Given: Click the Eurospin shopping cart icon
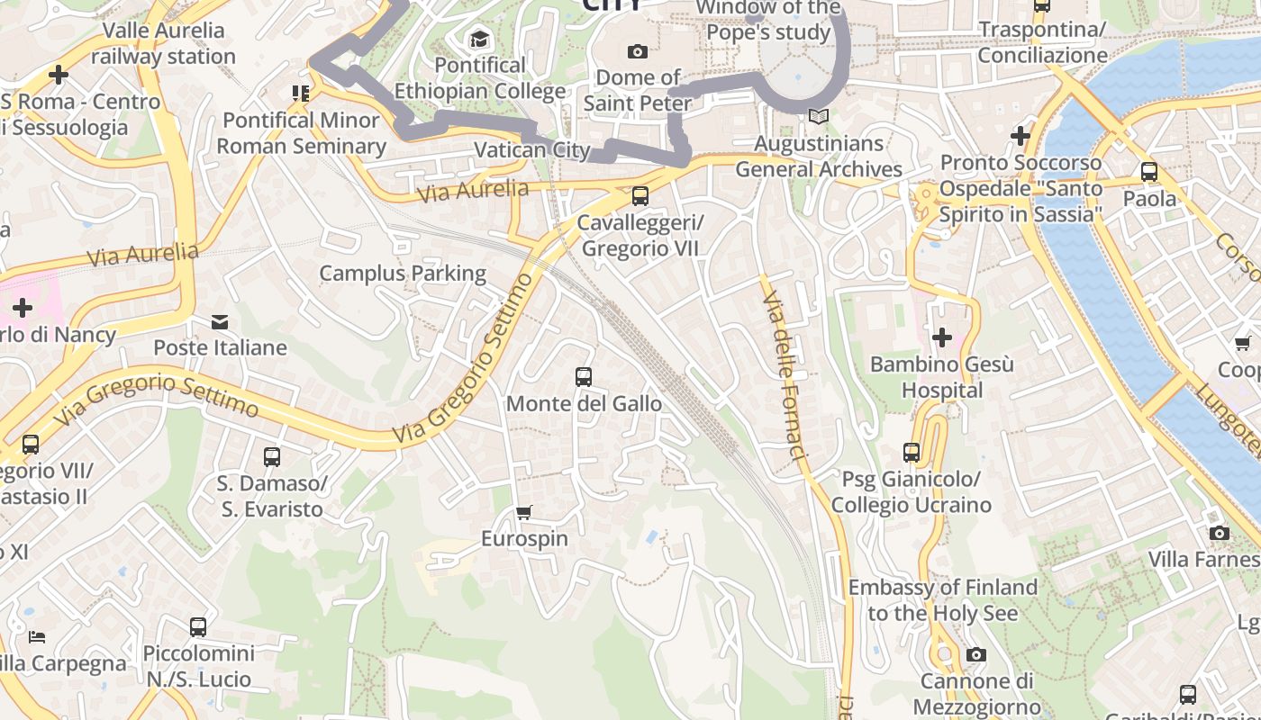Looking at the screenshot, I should (x=524, y=512).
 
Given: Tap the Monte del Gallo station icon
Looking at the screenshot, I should (x=584, y=376).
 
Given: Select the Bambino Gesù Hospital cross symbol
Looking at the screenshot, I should (x=941, y=337).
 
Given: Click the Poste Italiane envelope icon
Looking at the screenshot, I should (x=220, y=321).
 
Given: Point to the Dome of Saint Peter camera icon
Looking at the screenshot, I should (x=638, y=51).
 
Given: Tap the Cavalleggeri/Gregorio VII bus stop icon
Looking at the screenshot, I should (x=640, y=195).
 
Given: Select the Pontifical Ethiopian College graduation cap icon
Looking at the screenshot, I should (x=479, y=39).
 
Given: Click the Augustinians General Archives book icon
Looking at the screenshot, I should (x=818, y=116).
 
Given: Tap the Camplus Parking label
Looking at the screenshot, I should (x=403, y=273).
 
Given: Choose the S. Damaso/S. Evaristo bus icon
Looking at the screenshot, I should (x=272, y=457).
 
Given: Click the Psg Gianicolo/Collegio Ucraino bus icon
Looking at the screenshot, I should (x=912, y=452).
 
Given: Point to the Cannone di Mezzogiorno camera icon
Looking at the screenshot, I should (x=975, y=654).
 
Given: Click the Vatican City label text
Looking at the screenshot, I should (x=531, y=150).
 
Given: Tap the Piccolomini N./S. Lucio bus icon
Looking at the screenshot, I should (x=198, y=626).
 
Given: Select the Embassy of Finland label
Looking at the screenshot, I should (x=943, y=600).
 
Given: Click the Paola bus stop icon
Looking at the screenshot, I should (x=1149, y=171).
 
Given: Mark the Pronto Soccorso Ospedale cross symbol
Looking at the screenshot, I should (x=1020, y=136).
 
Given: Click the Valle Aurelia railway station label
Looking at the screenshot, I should (x=163, y=43).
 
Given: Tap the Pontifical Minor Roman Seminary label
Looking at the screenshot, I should (x=301, y=132).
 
